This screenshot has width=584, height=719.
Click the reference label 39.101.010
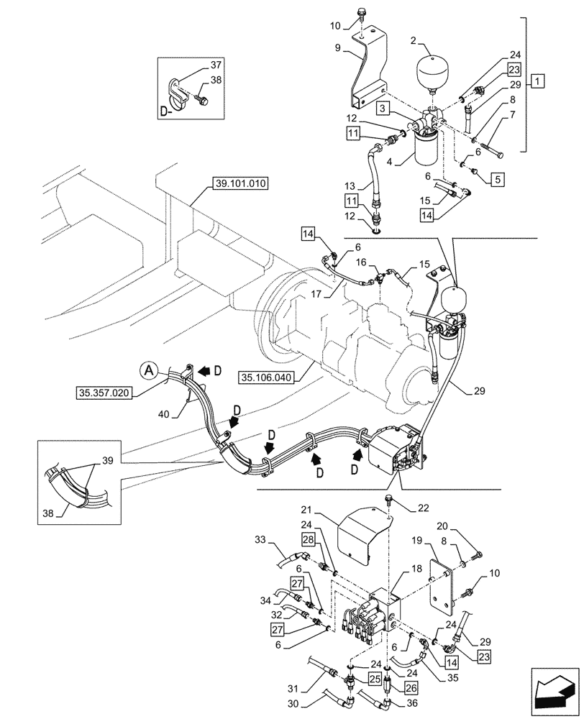point(240,184)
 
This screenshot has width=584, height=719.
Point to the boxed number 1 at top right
point(538,81)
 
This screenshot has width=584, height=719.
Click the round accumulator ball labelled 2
point(434,71)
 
